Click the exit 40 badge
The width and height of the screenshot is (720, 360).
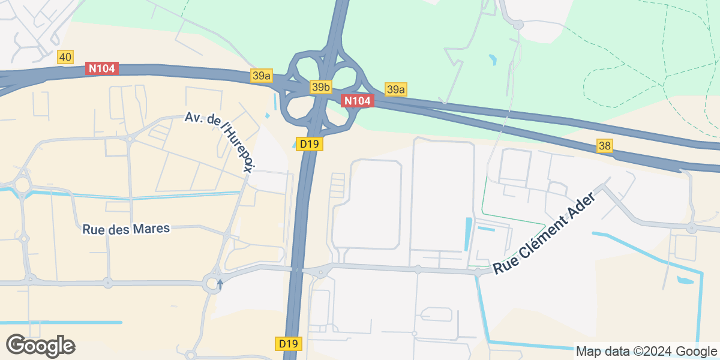[x=65, y=57]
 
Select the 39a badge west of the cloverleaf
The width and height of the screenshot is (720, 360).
[x=262, y=75]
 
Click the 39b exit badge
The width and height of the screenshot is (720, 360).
[x=321, y=88]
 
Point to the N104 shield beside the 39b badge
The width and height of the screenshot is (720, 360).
[x=358, y=101]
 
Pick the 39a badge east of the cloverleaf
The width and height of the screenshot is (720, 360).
[x=396, y=89]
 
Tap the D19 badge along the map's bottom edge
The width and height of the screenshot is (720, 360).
[x=289, y=344]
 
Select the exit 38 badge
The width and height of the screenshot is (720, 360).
[x=605, y=145]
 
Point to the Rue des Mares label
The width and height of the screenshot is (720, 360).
[x=126, y=229]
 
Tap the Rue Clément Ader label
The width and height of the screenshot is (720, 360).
[x=545, y=235]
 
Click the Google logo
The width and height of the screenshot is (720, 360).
[x=40, y=346]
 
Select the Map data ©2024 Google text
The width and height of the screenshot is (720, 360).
[x=646, y=351]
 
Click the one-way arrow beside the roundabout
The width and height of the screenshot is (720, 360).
[x=220, y=283]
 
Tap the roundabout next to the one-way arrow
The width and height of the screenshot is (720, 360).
[x=211, y=283]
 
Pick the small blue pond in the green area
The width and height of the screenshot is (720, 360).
[x=493, y=60]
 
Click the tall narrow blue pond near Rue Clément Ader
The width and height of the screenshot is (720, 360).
[x=468, y=234]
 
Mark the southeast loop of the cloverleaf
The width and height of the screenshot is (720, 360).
[x=340, y=114]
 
